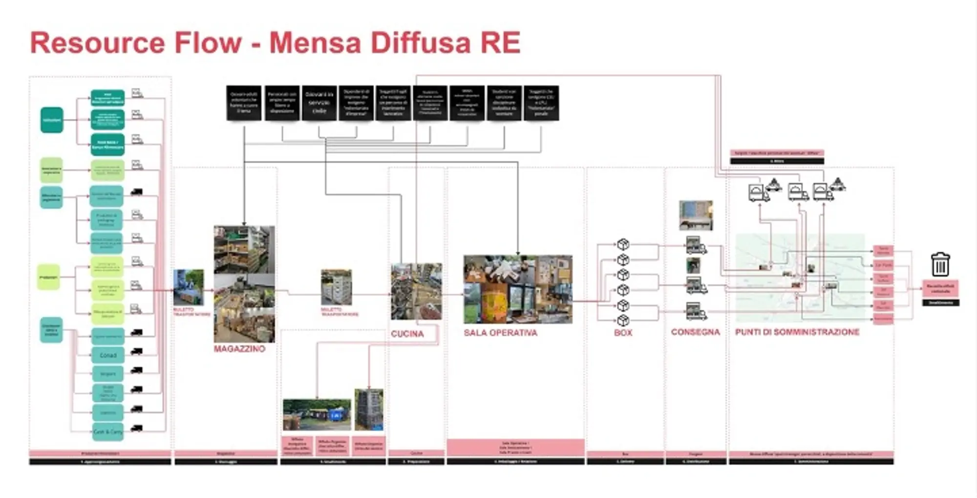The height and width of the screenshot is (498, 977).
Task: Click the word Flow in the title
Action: click(208, 43)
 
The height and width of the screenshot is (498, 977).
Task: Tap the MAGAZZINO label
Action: click(239, 349)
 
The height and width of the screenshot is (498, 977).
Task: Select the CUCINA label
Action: click(407, 334)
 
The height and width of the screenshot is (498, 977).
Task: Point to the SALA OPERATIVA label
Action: click(500, 333)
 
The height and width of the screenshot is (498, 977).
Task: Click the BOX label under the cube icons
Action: click(623, 333)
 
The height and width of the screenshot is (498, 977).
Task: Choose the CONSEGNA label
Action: click(695, 332)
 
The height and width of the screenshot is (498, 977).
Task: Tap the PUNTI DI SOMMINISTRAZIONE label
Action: click(797, 332)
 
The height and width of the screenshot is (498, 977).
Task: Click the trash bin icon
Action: click(940, 264)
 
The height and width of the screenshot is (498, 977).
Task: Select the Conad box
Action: click(108, 355)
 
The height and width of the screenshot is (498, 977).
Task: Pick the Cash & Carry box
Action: click(108, 432)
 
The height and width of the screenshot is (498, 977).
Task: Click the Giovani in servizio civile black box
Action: click(319, 103)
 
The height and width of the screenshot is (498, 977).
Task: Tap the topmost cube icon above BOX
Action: click(623, 244)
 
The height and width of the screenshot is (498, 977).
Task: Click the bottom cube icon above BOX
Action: click(623, 321)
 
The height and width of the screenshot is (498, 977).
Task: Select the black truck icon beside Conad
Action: click(137, 351)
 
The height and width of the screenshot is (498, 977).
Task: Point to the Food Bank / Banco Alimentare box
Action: click(107, 144)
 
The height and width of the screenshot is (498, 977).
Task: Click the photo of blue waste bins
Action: click(317, 414)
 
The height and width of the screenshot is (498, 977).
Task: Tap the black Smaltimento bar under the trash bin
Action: click(940, 303)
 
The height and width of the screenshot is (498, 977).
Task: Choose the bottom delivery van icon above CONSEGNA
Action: click(696, 311)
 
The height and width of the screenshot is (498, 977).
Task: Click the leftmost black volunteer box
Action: click(244, 103)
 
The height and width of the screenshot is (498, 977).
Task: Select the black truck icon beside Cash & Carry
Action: click(137, 429)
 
